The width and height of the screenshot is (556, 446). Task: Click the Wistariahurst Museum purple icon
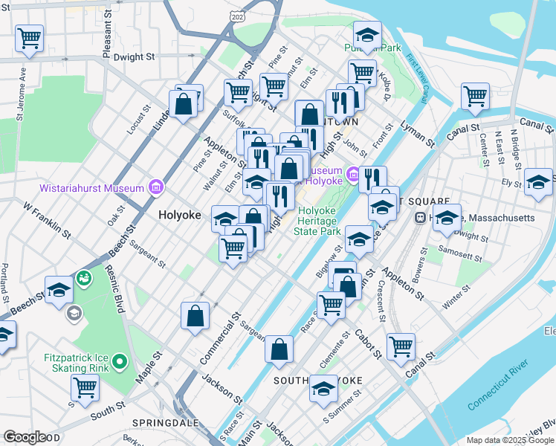155,187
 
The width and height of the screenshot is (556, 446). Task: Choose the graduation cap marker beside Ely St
539,182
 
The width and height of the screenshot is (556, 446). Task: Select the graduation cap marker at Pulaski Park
366,34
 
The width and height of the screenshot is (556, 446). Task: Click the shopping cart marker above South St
85,387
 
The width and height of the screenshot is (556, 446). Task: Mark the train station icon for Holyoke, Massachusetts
421,218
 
